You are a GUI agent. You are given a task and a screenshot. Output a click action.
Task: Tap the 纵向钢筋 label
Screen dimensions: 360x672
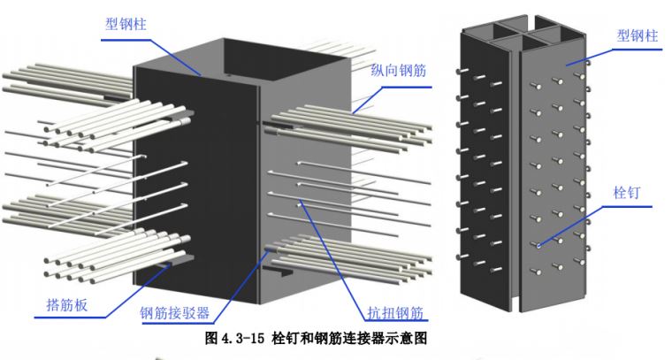pos(394,70)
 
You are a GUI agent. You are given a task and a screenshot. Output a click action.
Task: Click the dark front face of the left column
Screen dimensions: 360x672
pos(195,177)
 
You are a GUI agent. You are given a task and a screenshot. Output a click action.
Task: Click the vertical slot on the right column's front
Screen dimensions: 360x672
pos(515,177)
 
